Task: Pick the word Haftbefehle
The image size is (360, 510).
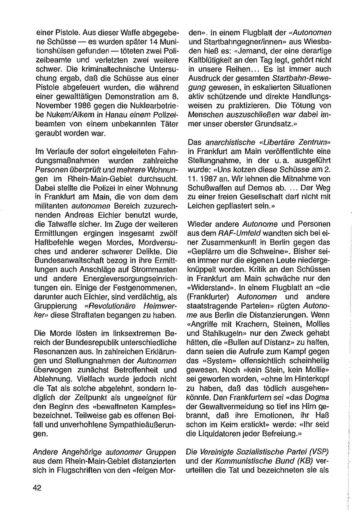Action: coord(54,231)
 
